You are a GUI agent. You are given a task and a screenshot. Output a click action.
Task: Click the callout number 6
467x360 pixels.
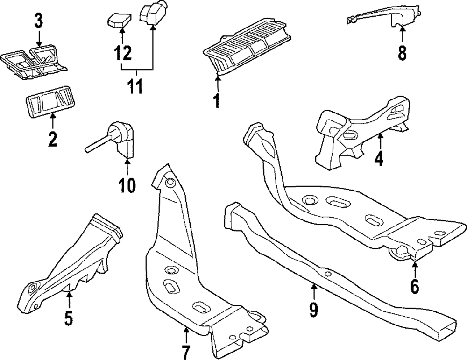[415, 286]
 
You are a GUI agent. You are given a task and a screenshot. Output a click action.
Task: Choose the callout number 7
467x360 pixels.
[185, 350]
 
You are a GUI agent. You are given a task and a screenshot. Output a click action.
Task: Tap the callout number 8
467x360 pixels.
[403, 52]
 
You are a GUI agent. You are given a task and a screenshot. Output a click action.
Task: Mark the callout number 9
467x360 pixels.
[314, 308]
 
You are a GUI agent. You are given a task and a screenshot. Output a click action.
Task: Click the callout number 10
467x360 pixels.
[127, 185]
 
